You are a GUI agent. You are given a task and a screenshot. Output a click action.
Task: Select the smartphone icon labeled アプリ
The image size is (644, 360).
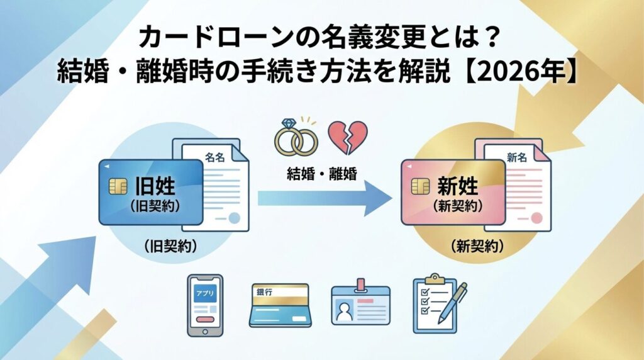205,305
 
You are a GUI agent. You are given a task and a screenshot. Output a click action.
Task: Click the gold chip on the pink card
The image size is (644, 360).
420,186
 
